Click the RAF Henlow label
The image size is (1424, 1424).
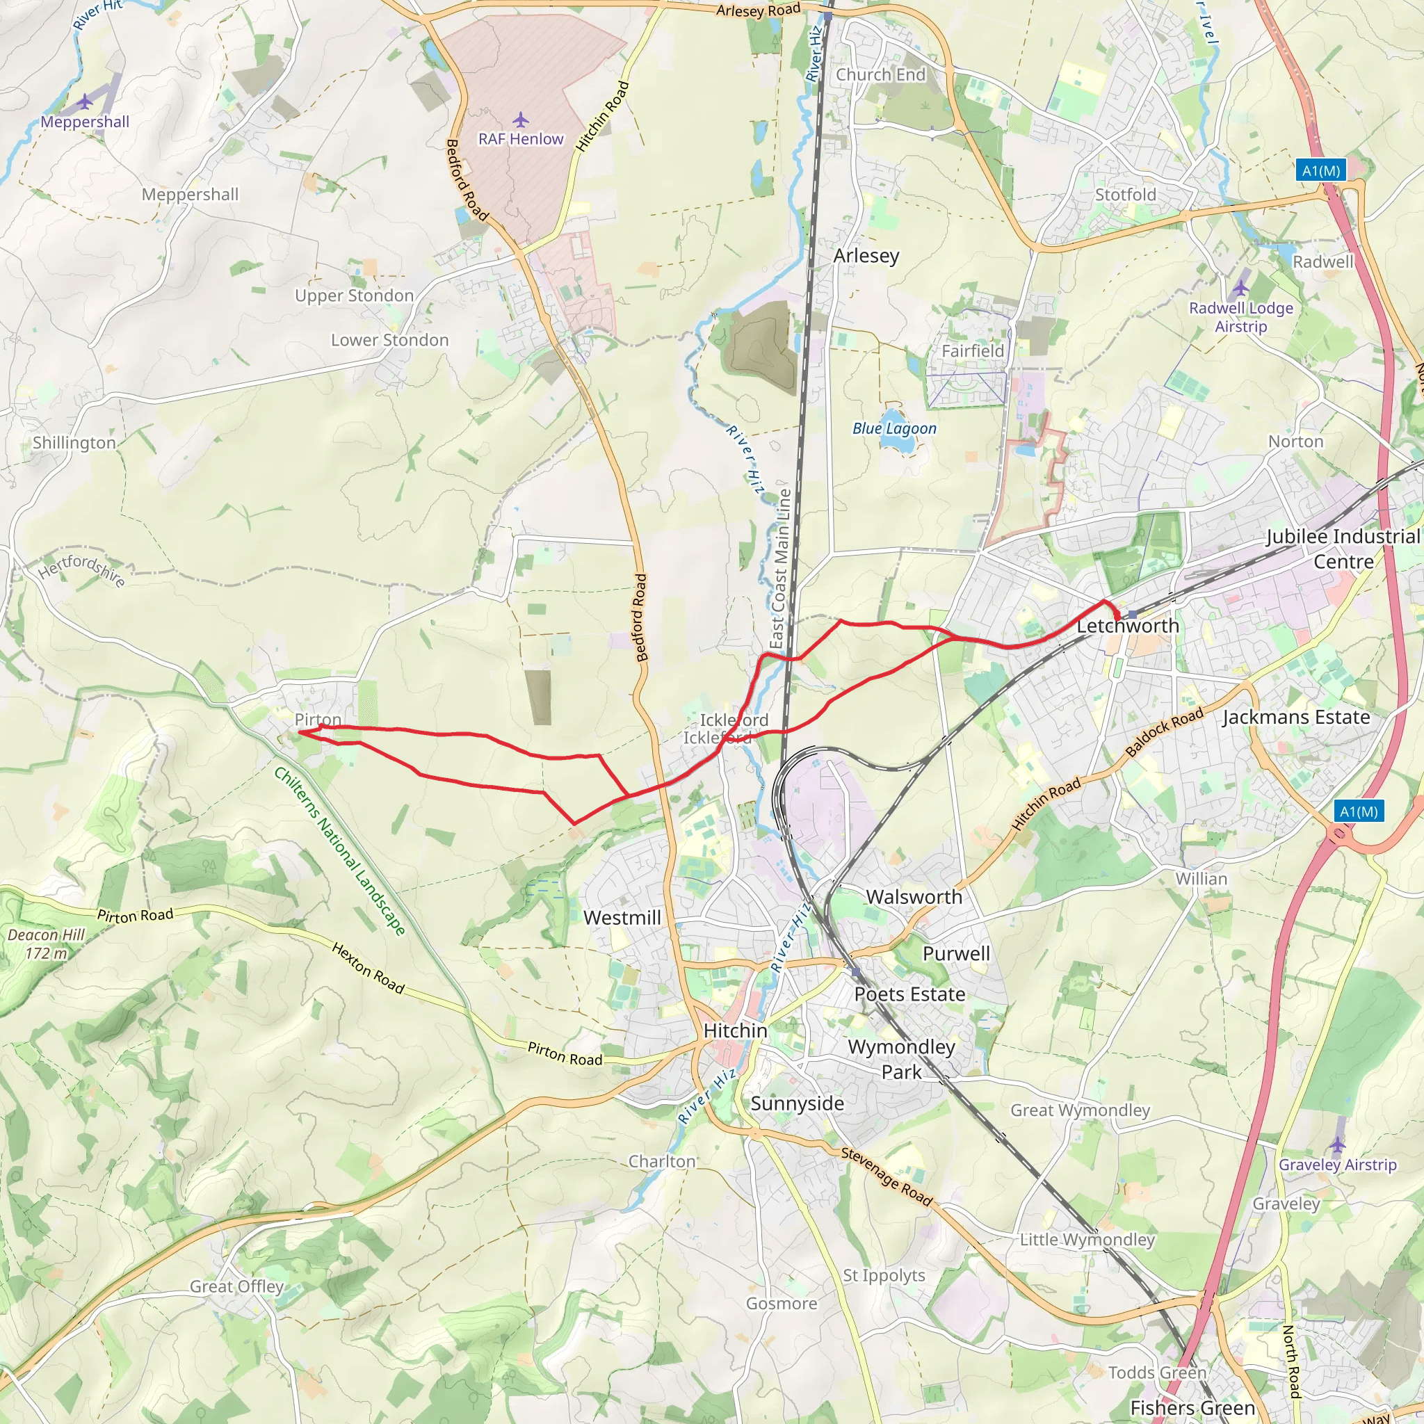520,138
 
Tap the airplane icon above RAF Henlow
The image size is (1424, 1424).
520,120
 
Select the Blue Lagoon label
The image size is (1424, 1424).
894,428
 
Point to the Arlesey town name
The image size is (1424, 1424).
866,256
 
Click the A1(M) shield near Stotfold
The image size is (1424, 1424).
1321,170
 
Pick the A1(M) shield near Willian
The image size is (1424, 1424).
1359,811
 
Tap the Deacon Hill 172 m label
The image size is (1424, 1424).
46,944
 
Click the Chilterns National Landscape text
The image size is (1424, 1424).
340,850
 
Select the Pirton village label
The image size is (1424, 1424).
318,720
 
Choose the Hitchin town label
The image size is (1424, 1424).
735,1030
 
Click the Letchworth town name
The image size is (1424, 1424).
1128,626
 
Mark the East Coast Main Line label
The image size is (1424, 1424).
781,568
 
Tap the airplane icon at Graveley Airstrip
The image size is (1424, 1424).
1338,1144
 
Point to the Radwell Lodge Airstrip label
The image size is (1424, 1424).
1241,317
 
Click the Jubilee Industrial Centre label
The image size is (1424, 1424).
1343,549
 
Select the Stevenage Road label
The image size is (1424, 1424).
887,1177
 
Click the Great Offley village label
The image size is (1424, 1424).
236,1286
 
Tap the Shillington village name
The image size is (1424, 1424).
74,442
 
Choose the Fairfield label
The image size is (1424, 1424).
972,351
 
